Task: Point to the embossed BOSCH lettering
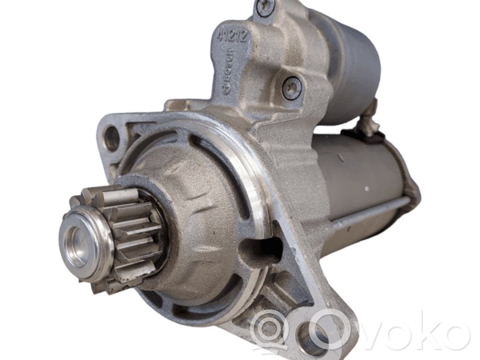pos(228,72)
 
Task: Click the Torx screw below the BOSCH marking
pos(291,88)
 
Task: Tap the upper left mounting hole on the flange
pos(112,138)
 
